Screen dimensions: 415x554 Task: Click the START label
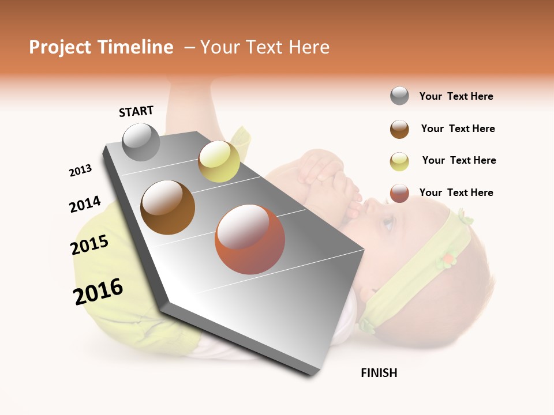coord(136,111)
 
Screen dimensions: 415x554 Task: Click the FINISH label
coord(379,373)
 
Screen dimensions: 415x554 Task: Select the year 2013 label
coord(80,171)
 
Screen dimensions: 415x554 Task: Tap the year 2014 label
coord(85,204)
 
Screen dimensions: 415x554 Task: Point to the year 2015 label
coord(89,245)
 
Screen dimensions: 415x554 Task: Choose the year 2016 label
coord(98,291)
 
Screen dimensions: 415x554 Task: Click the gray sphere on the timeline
coord(141,142)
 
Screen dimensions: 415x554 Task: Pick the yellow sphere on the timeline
coord(219,161)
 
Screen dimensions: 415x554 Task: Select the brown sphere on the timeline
coord(168,207)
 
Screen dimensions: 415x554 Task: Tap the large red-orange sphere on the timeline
coord(250,239)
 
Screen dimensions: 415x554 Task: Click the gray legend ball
coord(399,96)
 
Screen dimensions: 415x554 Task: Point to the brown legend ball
coord(399,129)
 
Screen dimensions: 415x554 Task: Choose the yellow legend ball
coord(399,161)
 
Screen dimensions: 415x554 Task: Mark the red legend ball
coord(399,193)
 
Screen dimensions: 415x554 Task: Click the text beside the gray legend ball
coord(456,96)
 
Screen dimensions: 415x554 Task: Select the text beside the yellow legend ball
coord(459,160)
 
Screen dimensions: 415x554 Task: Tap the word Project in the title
coord(61,47)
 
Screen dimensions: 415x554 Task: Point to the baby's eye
coord(388,222)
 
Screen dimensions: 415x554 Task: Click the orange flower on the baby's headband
coord(447,260)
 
